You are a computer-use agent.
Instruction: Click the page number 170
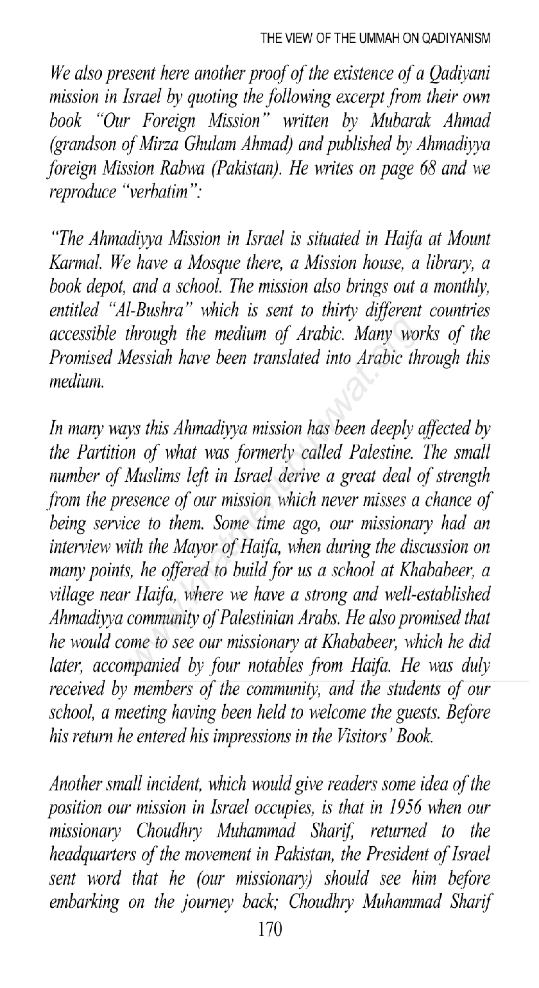265,967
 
